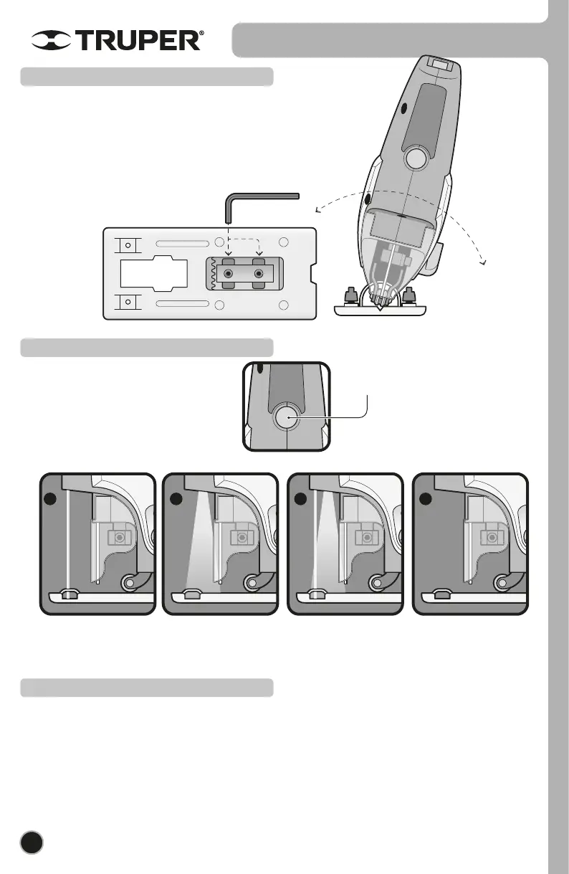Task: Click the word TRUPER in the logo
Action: point(140,41)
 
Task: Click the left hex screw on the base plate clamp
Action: point(229,275)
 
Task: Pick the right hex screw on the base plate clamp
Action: point(259,275)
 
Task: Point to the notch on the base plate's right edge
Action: point(312,274)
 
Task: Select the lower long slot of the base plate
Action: point(183,305)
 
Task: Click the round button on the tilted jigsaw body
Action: point(416,158)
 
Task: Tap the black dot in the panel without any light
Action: point(425,499)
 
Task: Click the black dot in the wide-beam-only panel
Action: point(175,499)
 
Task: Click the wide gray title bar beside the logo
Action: point(387,40)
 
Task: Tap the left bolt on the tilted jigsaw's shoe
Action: point(351,295)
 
